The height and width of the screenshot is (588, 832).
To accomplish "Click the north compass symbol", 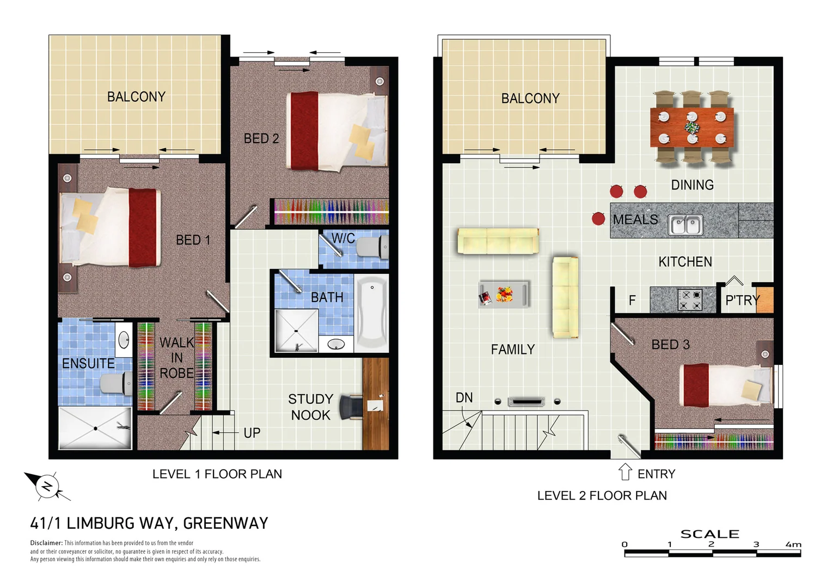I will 47,486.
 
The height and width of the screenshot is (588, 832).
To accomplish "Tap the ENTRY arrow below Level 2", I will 625,471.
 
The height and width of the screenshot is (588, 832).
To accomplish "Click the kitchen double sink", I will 686,224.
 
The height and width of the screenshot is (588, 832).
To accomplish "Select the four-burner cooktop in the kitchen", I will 689,300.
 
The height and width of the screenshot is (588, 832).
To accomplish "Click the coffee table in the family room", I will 504,294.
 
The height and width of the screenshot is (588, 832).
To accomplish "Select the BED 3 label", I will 670,345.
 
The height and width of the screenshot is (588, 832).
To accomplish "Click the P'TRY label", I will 742,300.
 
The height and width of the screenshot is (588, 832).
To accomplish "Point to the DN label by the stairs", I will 464,398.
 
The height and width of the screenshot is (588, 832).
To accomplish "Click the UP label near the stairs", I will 252,433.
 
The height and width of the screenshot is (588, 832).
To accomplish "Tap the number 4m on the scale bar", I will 793,544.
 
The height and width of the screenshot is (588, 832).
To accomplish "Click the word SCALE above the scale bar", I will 709,534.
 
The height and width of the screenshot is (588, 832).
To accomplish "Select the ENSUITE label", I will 88,363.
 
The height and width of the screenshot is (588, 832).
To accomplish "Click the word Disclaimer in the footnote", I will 46,543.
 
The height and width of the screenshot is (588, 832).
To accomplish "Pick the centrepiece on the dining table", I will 692,127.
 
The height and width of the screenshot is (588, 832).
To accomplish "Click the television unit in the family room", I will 526,402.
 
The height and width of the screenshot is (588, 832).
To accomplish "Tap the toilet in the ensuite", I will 117,383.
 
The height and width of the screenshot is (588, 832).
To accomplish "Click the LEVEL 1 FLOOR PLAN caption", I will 217,474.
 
